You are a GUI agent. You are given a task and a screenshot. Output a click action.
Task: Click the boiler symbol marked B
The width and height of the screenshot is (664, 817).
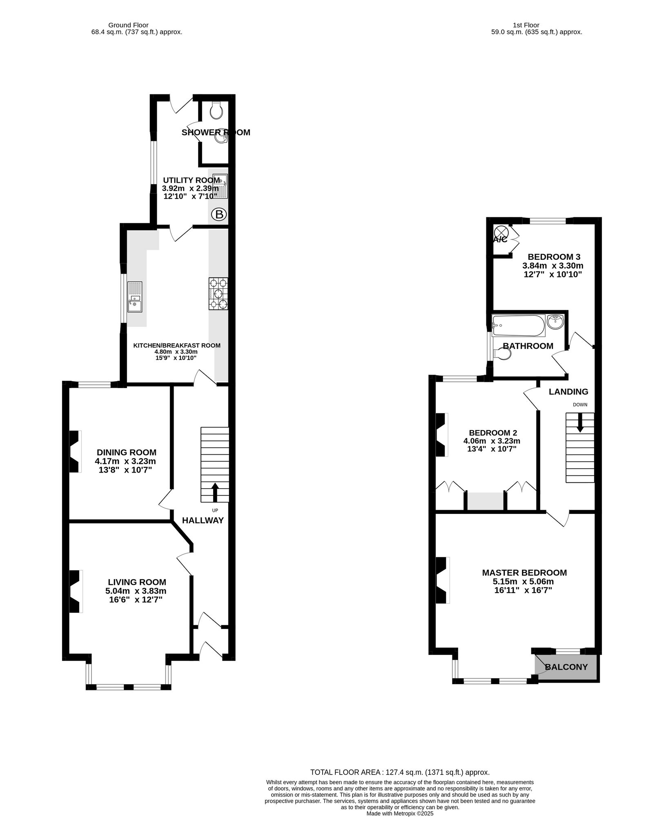219,214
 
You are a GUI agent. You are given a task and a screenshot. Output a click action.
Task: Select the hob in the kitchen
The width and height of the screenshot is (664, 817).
218,294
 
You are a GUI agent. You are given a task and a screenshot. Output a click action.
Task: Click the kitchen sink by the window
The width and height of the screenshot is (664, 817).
135,297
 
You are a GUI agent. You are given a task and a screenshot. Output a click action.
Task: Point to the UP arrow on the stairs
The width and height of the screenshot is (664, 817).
214,492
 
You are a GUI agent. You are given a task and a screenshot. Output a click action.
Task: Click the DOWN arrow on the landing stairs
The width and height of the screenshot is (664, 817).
580,422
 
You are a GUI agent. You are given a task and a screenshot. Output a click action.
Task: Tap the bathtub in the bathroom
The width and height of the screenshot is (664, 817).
518,326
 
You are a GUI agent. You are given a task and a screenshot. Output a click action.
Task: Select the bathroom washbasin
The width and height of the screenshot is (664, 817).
555,322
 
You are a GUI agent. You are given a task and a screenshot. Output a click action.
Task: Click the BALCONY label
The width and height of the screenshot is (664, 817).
566,667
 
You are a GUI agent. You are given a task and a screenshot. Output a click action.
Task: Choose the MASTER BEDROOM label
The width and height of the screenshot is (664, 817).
524,573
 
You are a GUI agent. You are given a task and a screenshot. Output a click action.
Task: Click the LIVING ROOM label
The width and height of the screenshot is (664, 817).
137,582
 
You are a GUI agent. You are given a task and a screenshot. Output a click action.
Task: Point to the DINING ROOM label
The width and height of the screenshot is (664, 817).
127,452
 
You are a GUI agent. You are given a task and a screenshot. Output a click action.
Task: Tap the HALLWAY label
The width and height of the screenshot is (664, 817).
203,520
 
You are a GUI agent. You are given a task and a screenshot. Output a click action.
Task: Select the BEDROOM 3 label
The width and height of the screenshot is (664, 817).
554,257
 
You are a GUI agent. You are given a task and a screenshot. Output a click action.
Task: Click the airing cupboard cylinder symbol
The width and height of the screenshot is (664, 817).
502,231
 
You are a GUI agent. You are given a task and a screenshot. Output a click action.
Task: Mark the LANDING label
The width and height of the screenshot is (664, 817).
568,392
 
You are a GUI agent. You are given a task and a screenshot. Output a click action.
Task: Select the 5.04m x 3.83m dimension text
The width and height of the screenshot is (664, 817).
136,591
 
